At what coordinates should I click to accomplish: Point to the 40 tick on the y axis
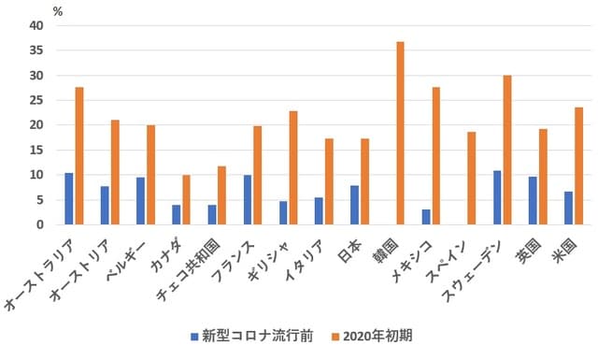pyautogui.click(x=36, y=25)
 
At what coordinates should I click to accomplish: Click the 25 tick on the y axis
pyautogui.click(x=36, y=100)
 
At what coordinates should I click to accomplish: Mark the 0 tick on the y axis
pyautogui.click(x=39, y=224)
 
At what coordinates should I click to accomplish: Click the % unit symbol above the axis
pyautogui.click(x=57, y=11)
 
